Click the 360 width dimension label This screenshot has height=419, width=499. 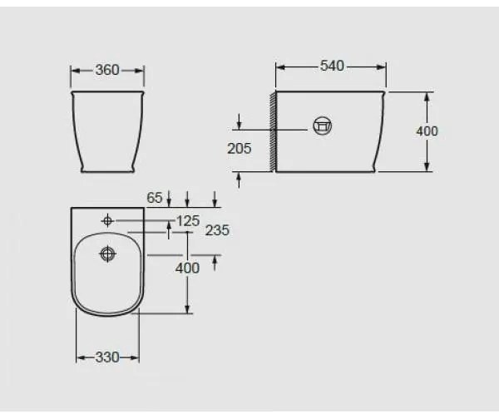point(107,70)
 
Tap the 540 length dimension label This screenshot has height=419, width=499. point(332,66)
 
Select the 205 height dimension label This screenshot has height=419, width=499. point(240,148)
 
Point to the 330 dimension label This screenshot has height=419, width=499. point(107,357)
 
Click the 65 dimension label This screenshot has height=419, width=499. point(155,198)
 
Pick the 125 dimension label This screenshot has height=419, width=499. point(188,221)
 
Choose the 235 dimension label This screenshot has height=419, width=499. point(217,230)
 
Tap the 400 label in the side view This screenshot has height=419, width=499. point(427,131)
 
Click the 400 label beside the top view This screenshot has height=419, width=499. point(187,268)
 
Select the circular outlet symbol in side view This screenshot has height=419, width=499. point(323,126)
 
